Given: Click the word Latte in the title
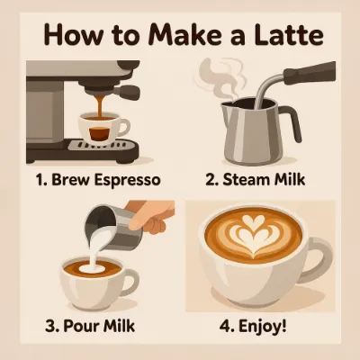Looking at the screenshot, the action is (287, 36).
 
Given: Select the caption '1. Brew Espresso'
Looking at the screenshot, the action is (98, 180).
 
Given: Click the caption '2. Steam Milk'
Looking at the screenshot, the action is (256, 180).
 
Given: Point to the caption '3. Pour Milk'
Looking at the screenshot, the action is (90, 326).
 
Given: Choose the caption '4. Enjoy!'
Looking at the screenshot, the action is (253, 327).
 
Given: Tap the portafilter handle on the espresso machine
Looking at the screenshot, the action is (129, 90).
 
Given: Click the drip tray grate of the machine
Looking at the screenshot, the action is (101, 145).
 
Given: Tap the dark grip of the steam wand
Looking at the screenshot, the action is (309, 73).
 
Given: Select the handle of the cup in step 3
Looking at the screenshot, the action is (131, 282).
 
